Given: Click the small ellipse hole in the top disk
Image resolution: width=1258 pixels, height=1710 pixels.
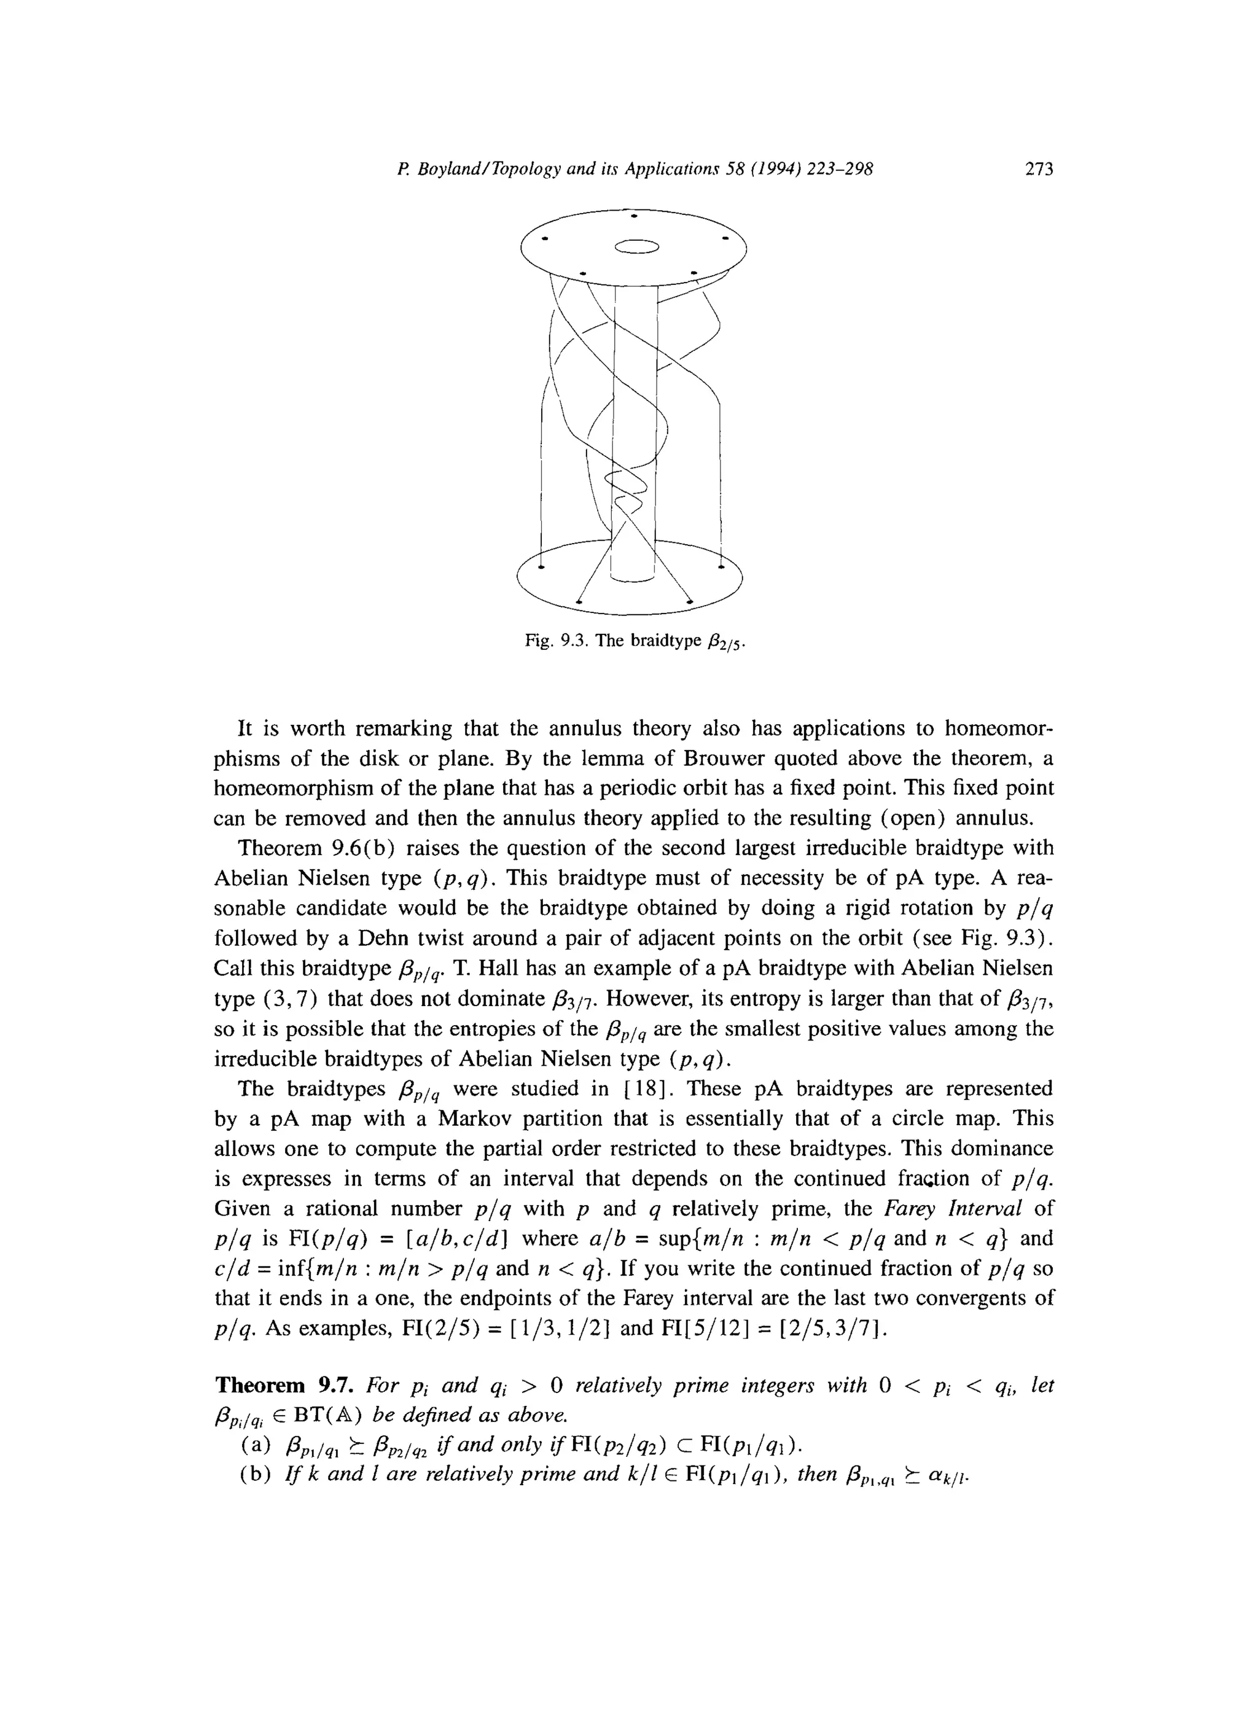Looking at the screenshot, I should (x=636, y=246).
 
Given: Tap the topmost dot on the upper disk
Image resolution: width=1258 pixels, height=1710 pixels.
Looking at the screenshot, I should (x=635, y=216).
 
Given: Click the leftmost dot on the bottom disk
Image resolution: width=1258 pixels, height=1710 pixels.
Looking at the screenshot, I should (x=541, y=567).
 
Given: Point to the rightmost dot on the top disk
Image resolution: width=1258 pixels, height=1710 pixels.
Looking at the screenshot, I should (x=725, y=239).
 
